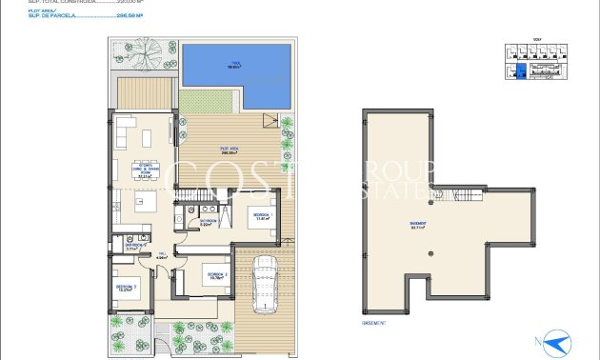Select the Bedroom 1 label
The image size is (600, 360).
[260, 217]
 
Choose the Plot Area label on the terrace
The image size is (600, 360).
[229, 150]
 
